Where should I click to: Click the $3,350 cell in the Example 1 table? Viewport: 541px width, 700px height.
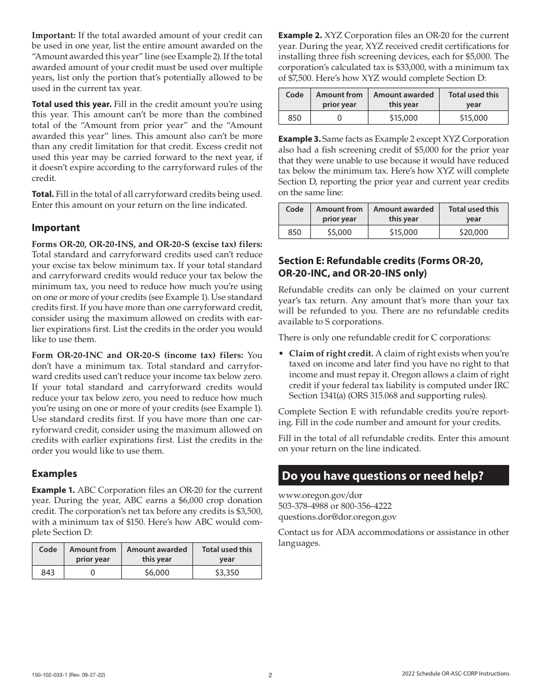click(227, 573)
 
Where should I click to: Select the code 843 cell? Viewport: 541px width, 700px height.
click(48, 573)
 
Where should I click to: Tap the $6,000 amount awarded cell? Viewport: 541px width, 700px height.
click(157, 573)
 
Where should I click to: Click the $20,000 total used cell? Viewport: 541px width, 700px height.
click(473, 232)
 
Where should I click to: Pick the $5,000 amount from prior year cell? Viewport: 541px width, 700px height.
click(339, 232)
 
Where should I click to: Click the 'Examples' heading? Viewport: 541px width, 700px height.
click(54, 473)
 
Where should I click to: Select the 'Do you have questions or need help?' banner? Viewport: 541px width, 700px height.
click(393, 476)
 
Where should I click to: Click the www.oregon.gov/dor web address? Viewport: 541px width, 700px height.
click(320, 495)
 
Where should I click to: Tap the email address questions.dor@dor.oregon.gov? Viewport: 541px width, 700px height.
click(337, 517)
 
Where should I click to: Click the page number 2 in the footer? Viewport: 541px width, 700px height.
click(270, 675)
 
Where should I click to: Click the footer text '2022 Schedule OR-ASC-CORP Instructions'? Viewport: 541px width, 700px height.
click(455, 674)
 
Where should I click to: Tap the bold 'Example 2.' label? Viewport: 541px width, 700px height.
click(300, 35)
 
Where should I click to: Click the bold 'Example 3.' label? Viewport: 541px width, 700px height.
click(300, 139)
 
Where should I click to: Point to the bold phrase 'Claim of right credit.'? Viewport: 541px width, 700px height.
click(331, 353)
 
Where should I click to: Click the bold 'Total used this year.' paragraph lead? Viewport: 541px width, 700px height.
click(71, 105)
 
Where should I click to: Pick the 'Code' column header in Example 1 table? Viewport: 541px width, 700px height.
click(48, 549)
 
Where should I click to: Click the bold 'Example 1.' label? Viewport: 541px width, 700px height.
click(53, 490)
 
